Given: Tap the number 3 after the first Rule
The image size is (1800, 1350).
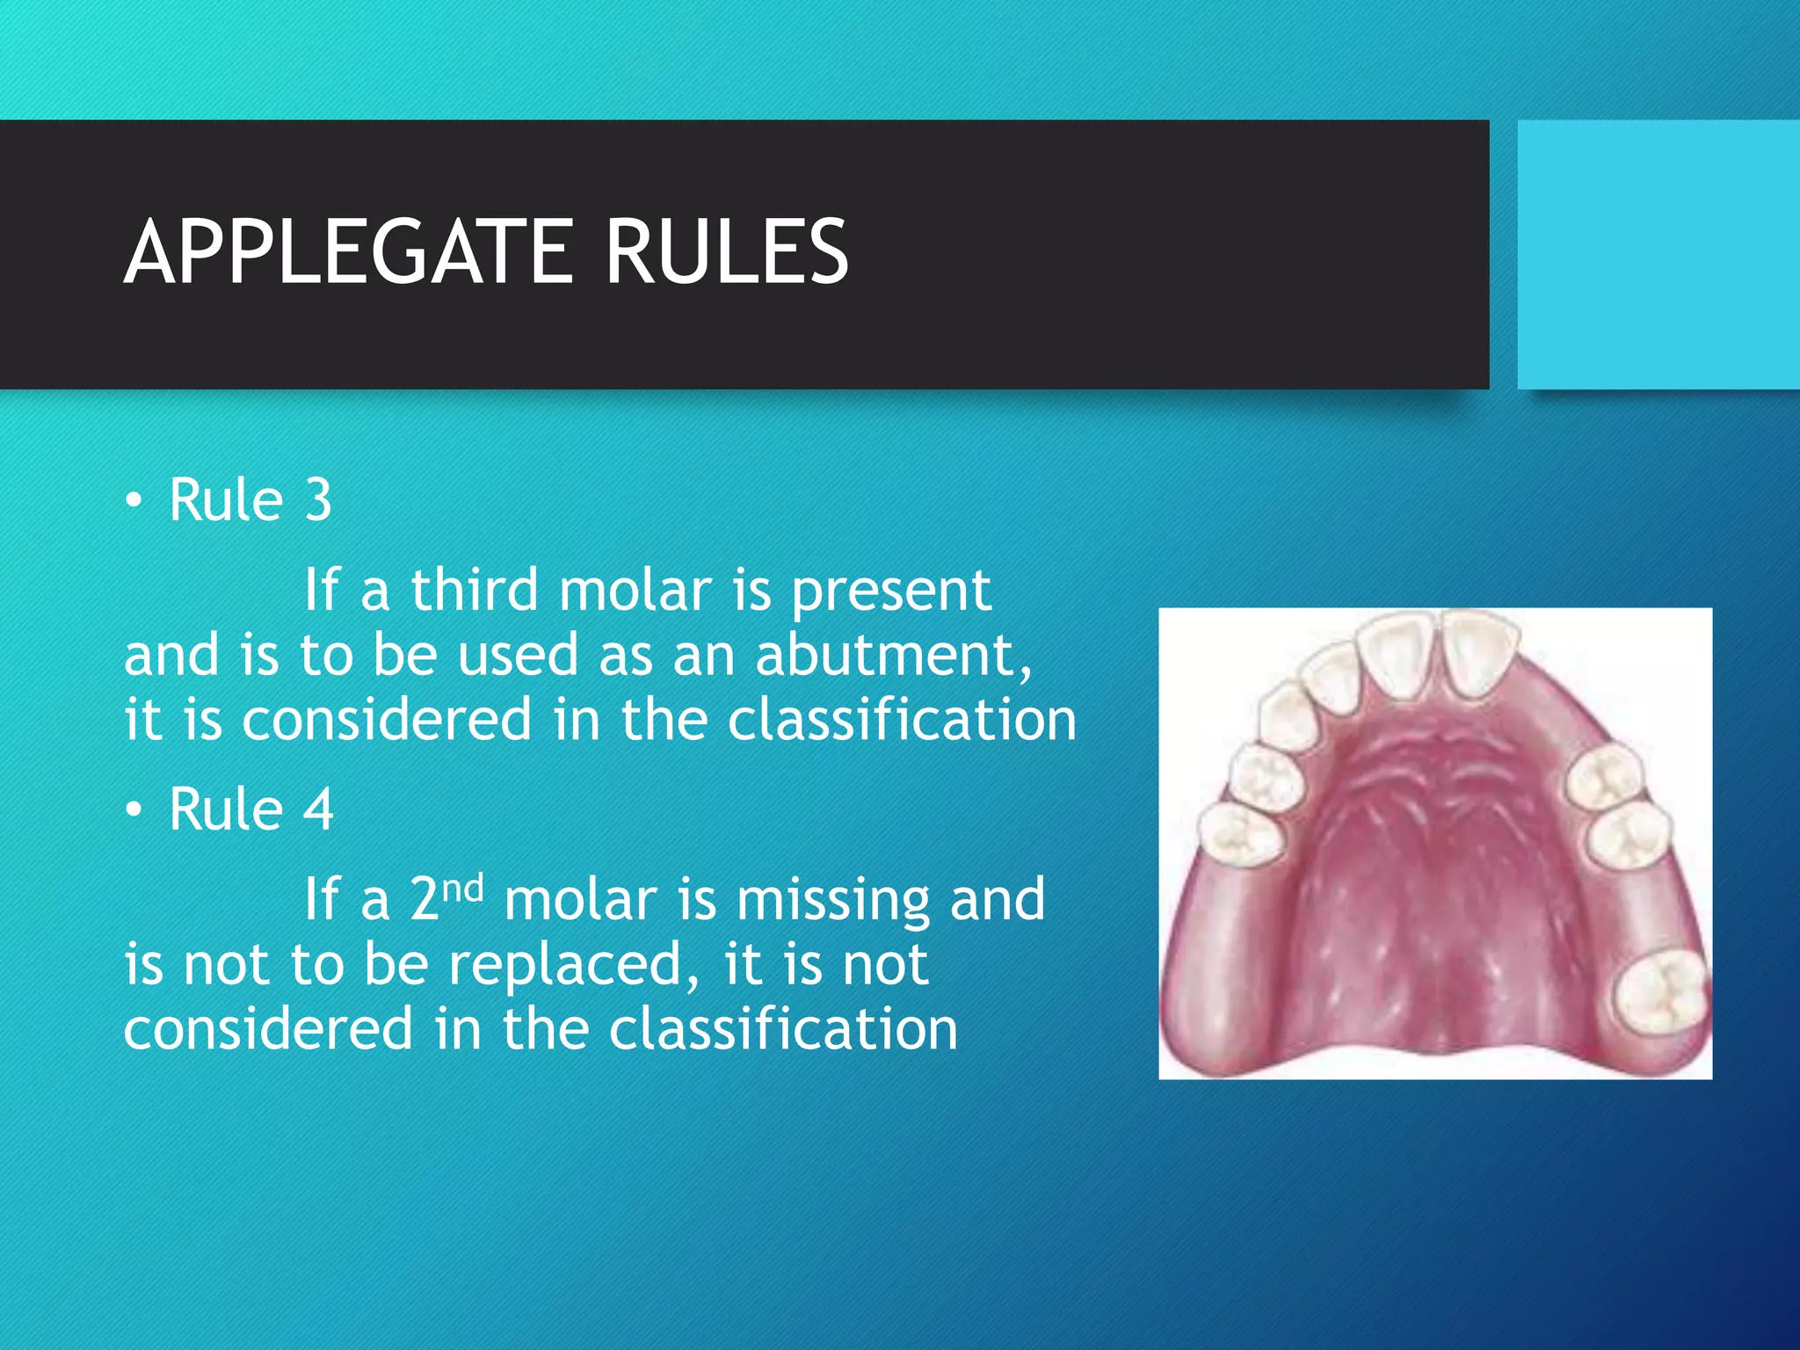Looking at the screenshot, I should tap(318, 500).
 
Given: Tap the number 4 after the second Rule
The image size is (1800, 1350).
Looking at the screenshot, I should tap(318, 809).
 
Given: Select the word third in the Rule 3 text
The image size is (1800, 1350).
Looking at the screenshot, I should tap(474, 590).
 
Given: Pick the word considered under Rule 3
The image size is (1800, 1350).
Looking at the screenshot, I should tap(387, 720).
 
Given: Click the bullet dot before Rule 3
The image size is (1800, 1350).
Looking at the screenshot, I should tap(133, 501).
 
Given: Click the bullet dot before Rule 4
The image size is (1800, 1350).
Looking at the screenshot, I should tap(133, 810).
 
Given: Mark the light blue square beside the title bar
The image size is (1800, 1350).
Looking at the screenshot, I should tap(1658, 255).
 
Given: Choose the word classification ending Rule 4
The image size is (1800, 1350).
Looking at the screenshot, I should tap(782, 1029).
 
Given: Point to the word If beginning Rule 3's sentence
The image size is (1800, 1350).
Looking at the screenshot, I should tap(321, 590).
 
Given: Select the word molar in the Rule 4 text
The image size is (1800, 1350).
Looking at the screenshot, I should tap(581, 900).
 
